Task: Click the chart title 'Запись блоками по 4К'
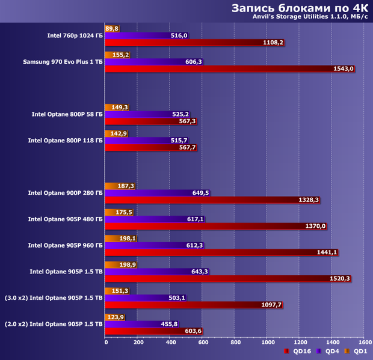tap(298, 8)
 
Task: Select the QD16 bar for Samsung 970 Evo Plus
tap(229, 69)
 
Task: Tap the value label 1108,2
tap(273, 43)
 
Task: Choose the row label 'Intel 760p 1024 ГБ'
tap(75, 35)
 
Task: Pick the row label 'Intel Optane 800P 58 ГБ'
tap(67, 114)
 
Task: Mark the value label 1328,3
tap(309, 200)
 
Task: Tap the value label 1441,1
tap(327, 253)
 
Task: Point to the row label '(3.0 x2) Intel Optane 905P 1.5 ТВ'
tap(53, 297)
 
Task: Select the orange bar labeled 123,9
tap(115, 317)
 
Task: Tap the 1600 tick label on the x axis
tap(364, 343)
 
